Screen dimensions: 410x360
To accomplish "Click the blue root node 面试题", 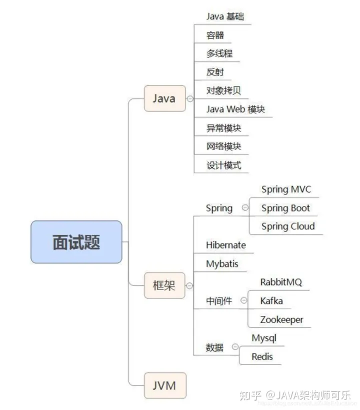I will tap(76, 242).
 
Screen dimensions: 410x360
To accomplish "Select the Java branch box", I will tap(164, 98).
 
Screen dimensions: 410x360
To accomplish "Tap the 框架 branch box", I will tap(164, 286).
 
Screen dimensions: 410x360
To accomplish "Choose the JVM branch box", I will tap(164, 385).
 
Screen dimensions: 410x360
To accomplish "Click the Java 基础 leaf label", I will tap(225, 16).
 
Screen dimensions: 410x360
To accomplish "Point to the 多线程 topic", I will tap(219, 53).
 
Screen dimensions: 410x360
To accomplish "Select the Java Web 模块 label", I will tap(235, 109).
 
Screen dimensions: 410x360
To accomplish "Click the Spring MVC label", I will tap(286, 189).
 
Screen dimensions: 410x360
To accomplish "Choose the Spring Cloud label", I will tap(288, 226).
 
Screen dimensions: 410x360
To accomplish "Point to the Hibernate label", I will tap(226, 245).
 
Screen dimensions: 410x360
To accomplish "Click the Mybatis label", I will tap(222, 263).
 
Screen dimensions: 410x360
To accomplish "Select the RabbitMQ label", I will tap(281, 282).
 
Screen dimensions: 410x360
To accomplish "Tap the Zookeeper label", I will tap(281, 319).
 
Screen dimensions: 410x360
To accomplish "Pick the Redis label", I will tap(262, 356).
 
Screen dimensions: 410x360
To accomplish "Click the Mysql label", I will tap(264, 338).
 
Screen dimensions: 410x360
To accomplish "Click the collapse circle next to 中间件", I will tap(243, 300).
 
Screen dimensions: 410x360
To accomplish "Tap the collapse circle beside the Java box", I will tap(189, 98).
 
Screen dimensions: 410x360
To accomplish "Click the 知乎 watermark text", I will tap(250, 395).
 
